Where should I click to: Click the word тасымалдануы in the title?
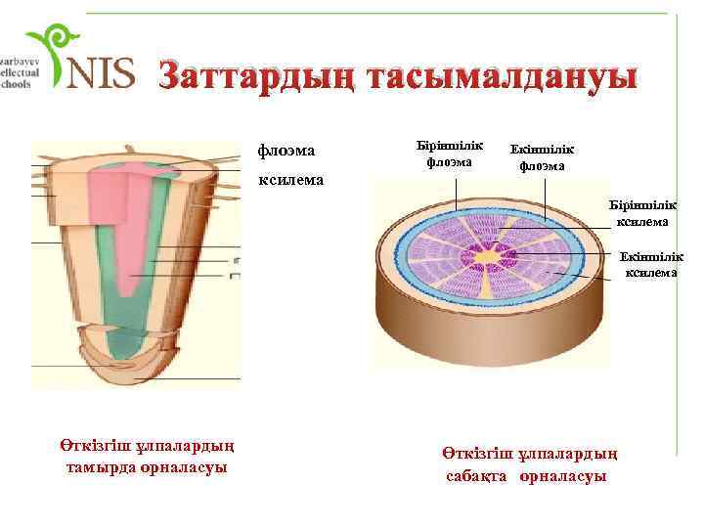(x=500, y=75)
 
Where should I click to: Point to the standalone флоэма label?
(x=286, y=150)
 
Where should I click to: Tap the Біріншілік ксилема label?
(x=642, y=213)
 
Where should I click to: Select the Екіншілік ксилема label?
(x=650, y=265)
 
